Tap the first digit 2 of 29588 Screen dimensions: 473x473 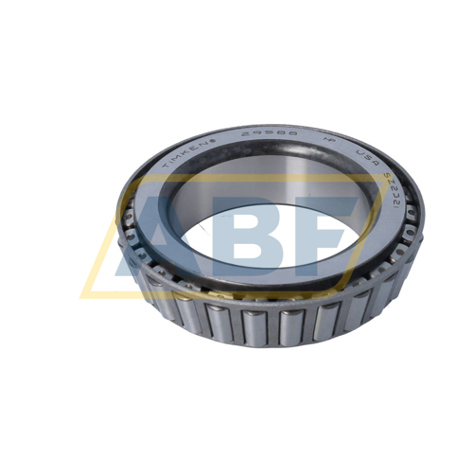click(x=244, y=138)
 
